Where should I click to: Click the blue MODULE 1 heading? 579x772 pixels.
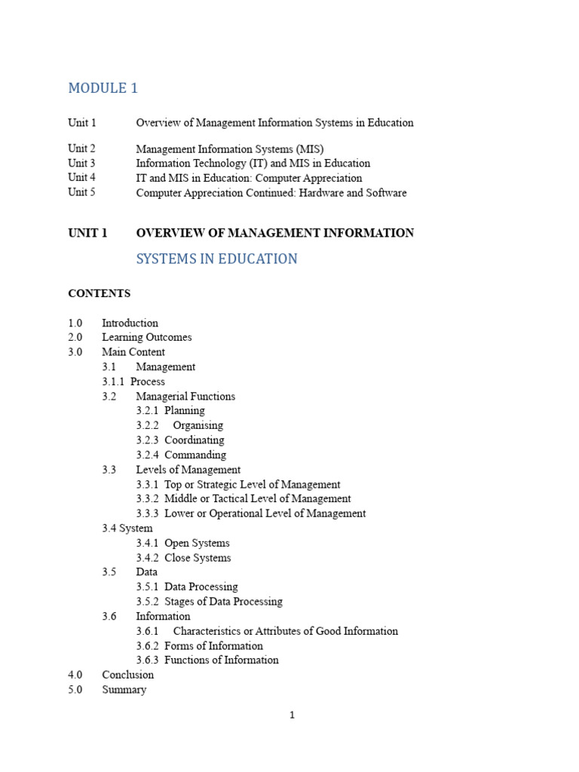103,88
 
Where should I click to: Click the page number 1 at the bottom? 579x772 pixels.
292,715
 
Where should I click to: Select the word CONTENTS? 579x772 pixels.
99,293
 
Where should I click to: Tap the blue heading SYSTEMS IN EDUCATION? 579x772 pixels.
216,259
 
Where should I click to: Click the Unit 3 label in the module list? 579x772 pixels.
81,163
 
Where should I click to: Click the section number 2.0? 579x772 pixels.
75,337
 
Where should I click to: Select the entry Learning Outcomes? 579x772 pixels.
147,337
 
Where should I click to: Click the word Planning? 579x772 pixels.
185,411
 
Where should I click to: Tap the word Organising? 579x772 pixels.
198,425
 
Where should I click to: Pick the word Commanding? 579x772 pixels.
195,455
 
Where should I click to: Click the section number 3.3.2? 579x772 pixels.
148,498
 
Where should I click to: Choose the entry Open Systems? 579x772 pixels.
197,543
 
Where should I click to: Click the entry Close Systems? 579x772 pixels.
198,558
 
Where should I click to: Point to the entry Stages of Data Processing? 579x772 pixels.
223,602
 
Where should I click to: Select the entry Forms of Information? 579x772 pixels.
213,645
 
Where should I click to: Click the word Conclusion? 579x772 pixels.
128,675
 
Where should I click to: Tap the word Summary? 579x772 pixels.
124,689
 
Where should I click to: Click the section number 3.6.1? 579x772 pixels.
148,631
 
